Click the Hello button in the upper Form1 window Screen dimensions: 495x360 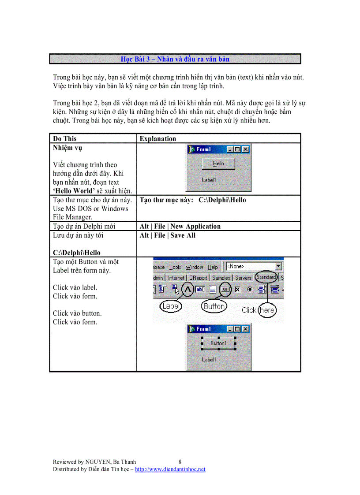click(218, 164)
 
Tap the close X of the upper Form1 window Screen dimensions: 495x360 click(246, 149)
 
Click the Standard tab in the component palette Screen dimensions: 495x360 click(266, 278)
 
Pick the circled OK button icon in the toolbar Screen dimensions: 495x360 click(225, 290)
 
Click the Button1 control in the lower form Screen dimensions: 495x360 click(218, 343)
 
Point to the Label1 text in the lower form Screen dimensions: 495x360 click(209, 360)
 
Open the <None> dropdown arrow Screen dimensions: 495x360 click(278, 266)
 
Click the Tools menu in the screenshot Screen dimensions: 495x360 click(175, 267)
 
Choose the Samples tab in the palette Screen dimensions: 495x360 click(221, 278)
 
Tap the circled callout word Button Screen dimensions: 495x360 click(214, 306)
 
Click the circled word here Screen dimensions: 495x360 click(267, 310)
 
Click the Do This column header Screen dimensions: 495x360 click(65, 139)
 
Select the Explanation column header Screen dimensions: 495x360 click(158, 139)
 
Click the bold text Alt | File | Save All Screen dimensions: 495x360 click(168, 235)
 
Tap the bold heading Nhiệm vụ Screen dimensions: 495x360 click(67, 148)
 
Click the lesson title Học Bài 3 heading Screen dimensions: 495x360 click(175, 59)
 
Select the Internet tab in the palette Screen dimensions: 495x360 click(176, 278)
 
